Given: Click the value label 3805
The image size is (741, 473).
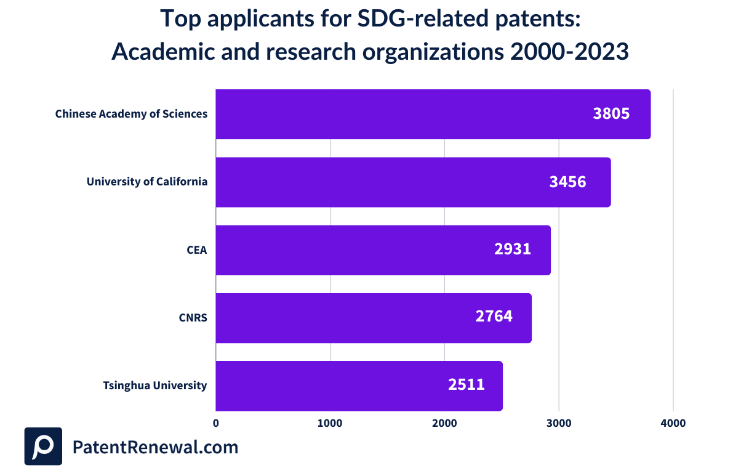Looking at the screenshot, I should point(611,114).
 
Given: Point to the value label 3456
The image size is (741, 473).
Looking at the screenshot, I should point(567,182).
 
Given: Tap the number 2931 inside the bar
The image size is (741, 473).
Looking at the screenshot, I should point(512,249).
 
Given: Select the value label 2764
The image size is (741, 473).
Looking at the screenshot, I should point(494,317).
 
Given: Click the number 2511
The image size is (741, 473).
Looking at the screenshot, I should point(466,385).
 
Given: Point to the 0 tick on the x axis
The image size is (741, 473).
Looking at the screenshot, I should point(216,424).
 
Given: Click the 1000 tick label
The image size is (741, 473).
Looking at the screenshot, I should point(330,424).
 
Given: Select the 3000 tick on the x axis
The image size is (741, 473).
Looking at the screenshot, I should point(559,424).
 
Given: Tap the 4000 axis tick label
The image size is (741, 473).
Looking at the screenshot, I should point(673,424).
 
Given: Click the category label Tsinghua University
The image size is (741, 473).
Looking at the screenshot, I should point(154,386).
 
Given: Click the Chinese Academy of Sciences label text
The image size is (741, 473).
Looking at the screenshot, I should point(131,114).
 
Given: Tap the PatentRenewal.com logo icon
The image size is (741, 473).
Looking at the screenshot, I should point(43,446).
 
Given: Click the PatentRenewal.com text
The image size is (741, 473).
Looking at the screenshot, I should point(155,447).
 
